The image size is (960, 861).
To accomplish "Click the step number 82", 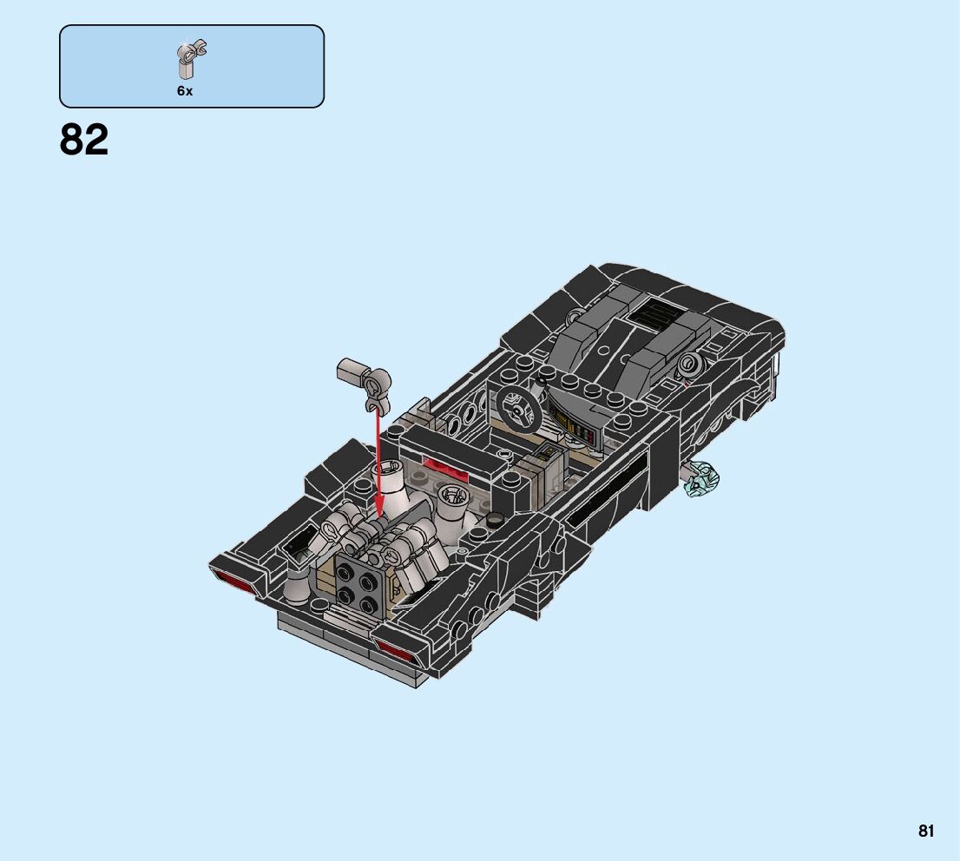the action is tap(84, 140).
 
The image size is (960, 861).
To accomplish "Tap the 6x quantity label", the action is tap(185, 90).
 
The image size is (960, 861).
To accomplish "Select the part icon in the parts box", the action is tap(191, 59).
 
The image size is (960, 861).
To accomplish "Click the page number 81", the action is tap(925, 831).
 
